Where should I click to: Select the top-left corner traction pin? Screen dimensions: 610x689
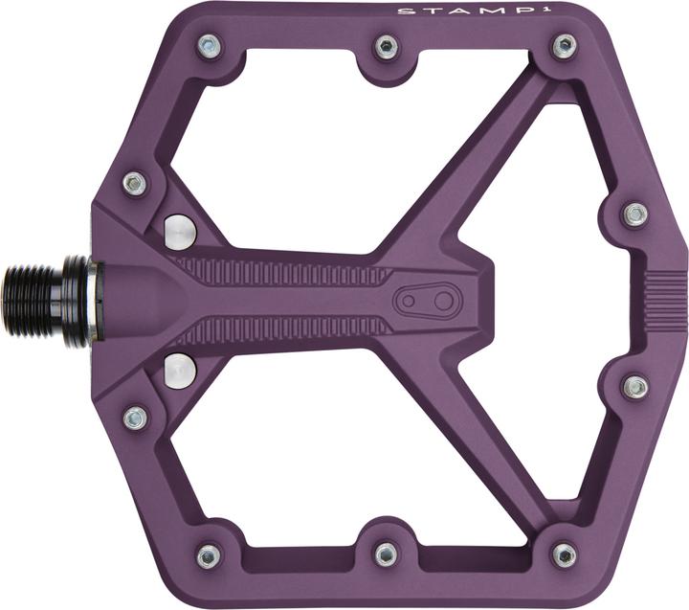click(x=209, y=44)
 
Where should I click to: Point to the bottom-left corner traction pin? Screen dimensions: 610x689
click(x=209, y=556)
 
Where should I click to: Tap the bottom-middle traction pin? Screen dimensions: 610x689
click(x=386, y=554)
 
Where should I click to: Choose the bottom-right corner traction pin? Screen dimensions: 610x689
click(x=565, y=555)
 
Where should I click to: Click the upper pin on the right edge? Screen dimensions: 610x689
click(x=635, y=214)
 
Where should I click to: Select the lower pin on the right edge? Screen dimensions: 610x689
click(x=635, y=387)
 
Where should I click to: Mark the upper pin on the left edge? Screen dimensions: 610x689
click(x=135, y=183)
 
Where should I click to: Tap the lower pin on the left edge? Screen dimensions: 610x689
click(x=136, y=418)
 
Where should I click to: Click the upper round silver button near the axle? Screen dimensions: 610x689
click(x=179, y=230)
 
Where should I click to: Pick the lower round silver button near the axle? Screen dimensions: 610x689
click(x=179, y=370)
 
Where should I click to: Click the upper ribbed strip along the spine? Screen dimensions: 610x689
click(x=287, y=271)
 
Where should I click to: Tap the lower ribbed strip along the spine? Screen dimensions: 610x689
click(x=287, y=329)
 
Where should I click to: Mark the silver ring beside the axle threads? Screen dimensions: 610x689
click(x=92, y=301)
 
